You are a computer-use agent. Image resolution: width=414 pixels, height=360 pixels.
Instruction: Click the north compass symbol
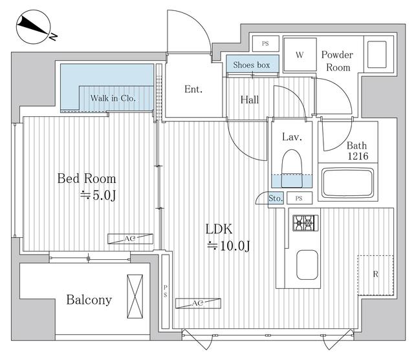point(34,27)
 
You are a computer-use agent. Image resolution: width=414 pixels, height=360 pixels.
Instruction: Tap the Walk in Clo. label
point(113,98)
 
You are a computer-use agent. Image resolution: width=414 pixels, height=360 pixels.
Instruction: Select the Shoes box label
point(252,65)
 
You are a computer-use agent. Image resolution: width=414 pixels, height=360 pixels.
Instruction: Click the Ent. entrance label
point(193,89)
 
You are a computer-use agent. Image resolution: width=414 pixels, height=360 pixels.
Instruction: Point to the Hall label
point(250,100)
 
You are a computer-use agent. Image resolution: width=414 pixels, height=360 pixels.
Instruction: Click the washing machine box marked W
point(300,54)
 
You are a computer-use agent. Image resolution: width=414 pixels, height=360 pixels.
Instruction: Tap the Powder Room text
point(337,61)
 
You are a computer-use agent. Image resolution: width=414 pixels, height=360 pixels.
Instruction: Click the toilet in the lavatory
point(292,169)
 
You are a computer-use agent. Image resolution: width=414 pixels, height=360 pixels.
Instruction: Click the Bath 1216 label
point(358,151)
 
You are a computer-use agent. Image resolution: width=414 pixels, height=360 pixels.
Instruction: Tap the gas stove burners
point(305,223)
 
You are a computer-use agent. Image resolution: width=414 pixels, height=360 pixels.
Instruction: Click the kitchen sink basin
point(307,265)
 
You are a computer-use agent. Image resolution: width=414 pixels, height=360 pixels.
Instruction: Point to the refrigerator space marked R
point(375,275)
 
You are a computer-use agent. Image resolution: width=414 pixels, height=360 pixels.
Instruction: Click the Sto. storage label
point(276,198)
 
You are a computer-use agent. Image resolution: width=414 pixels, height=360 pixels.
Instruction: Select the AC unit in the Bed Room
point(130,238)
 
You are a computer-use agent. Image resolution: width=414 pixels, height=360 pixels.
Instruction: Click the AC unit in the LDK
point(198,303)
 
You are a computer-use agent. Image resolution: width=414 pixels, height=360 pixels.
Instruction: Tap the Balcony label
point(89,300)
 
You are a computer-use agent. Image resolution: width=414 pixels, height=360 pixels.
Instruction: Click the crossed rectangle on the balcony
point(135,296)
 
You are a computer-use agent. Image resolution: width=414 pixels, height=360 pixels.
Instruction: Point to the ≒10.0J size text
point(228,246)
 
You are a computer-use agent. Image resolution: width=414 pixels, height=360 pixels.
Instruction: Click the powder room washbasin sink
point(376,54)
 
